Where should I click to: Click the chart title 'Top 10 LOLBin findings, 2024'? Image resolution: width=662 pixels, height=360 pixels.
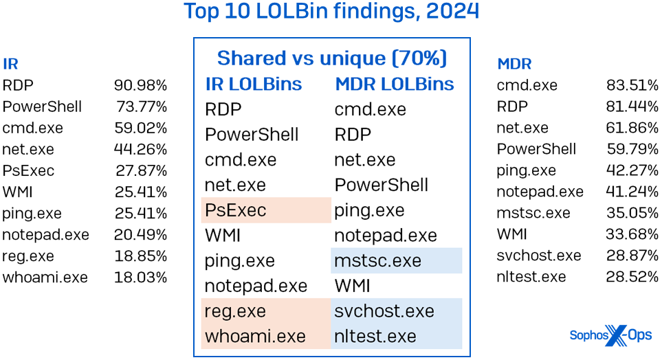coord(331,12)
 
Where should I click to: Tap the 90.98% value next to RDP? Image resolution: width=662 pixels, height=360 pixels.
coord(140,85)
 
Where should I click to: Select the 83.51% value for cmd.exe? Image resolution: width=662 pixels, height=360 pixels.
coord(632,85)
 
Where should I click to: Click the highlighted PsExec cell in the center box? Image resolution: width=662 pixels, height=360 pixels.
coord(266,210)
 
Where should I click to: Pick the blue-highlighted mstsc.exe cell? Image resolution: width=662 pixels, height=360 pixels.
coord(396,261)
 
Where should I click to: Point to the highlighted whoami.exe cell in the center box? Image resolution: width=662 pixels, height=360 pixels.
coord(266,337)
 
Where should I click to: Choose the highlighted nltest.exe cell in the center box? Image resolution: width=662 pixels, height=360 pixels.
coord(396,337)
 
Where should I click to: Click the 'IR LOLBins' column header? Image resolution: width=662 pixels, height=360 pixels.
coord(254,84)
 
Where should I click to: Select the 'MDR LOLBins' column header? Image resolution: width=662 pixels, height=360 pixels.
coord(395,84)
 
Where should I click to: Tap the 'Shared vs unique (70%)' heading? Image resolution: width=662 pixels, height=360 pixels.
coord(332,58)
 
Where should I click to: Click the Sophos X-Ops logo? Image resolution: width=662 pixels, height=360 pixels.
coord(610,335)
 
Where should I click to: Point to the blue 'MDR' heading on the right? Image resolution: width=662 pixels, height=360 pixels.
coord(514,65)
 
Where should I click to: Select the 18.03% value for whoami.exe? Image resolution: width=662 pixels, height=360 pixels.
coord(140,278)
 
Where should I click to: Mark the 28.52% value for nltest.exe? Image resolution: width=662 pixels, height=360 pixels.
coord(632,277)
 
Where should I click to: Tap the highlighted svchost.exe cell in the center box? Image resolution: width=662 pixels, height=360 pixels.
coord(396,311)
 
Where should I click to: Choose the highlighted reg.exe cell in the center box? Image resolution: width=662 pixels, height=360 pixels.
coord(266,311)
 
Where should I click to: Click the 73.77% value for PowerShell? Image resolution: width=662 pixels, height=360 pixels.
coord(140,106)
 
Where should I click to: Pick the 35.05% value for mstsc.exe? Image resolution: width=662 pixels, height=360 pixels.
coord(632,213)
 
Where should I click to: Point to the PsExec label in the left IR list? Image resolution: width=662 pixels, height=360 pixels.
coord(28,170)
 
